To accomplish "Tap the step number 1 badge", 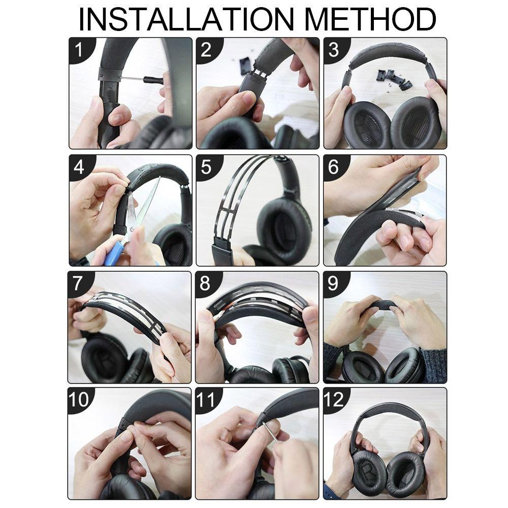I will [x=79, y=50].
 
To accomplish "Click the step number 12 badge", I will [x=334, y=400].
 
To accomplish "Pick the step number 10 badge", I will [x=79, y=400].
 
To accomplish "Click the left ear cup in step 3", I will [x=365, y=123].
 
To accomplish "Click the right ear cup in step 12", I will [x=407, y=473].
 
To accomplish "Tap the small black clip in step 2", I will [x=245, y=65].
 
